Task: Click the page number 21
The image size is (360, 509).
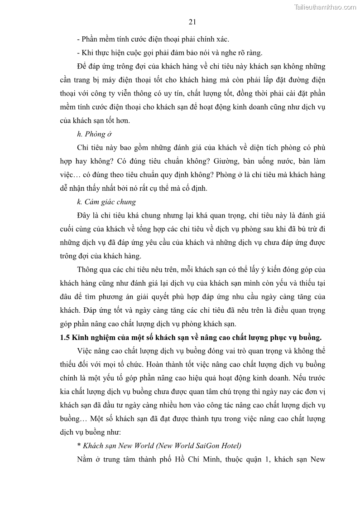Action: [192, 21]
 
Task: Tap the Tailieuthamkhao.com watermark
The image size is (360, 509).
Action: [325, 7]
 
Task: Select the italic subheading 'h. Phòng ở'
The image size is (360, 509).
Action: [94, 134]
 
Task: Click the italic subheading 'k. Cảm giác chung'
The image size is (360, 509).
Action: [106, 202]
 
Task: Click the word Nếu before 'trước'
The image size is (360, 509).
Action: [301, 378]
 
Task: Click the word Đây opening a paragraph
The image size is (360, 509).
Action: [85, 215]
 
